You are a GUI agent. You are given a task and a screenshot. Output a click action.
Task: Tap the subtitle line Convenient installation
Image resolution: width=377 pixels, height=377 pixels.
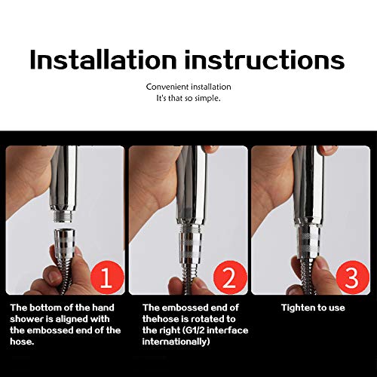[x=188, y=87]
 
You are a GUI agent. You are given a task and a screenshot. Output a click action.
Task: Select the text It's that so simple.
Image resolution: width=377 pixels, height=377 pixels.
[x=188, y=99]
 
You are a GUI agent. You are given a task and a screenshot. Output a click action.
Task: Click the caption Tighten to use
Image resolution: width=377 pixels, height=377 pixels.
[x=314, y=308]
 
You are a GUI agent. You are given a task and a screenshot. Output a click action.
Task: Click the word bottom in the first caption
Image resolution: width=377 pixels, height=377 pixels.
[x=44, y=308]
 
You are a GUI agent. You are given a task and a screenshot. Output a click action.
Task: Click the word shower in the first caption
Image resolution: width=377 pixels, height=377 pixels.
[x=26, y=318]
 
